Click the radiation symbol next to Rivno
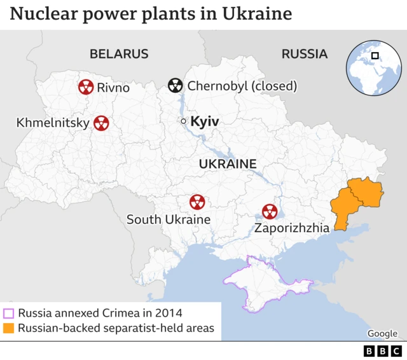coord(86,87)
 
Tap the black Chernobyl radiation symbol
coord(175,85)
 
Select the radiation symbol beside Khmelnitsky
coord(100,123)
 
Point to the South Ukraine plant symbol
coord(197,202)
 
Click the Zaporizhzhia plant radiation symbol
coord(270,211)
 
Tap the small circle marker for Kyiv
coord(183,121)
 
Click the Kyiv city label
coord(205,121)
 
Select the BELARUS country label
coord(119,54)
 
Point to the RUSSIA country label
coord(305,54)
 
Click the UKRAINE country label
coord(228,164)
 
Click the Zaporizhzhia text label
coord(292,228)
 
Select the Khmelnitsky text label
coord(52,122)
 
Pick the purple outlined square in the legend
coord(9,313)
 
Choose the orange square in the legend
coord(9,328)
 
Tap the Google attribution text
coord(382,333)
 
